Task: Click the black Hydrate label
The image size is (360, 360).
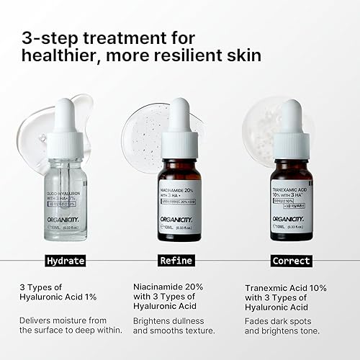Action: pyautogui.click(x=64, y=261)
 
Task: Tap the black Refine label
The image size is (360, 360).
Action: pyautogui.click(x=177, y=261)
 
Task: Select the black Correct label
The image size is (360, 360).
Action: pyautogui.click(x=291, y=261)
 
